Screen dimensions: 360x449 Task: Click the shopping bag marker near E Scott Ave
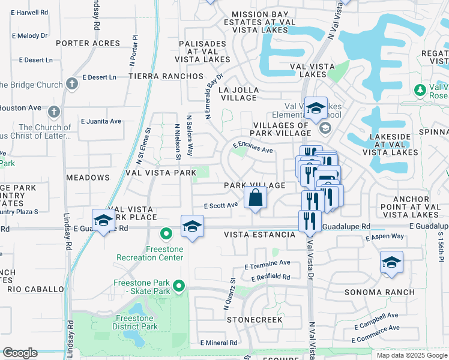(255, 197)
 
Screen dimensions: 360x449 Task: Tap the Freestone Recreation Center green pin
(165, 233)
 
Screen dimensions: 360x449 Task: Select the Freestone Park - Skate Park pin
(178, 286)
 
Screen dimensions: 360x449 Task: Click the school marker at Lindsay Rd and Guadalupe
(103, 221)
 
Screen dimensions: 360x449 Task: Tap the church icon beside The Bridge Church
(72, 84)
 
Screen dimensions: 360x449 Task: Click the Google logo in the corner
(20, 353)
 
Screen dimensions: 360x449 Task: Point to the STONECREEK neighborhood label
(255, 320)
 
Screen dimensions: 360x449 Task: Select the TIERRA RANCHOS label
(166, 76)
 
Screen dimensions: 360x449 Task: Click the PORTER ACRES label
(88, 43)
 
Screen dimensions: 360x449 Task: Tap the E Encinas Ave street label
(253, 147)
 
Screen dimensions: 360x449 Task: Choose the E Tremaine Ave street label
(267, 264)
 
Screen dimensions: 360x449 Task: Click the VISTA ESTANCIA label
(260, 235)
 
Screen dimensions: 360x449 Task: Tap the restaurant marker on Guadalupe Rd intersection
(307, 221)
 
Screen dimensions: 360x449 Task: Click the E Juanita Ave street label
(101, 121)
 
